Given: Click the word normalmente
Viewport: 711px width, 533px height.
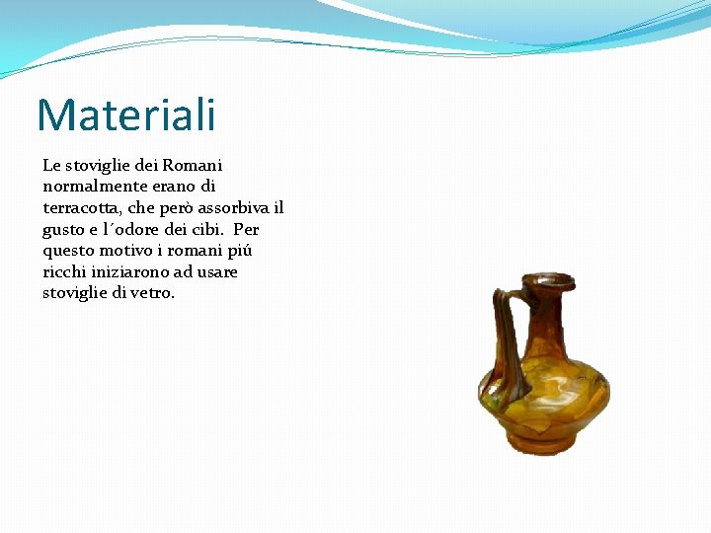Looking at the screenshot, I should pos(90,186).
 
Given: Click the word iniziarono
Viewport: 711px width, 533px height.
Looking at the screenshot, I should pos(136,272).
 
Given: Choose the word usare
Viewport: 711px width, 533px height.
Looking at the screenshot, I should pos(217,272).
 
